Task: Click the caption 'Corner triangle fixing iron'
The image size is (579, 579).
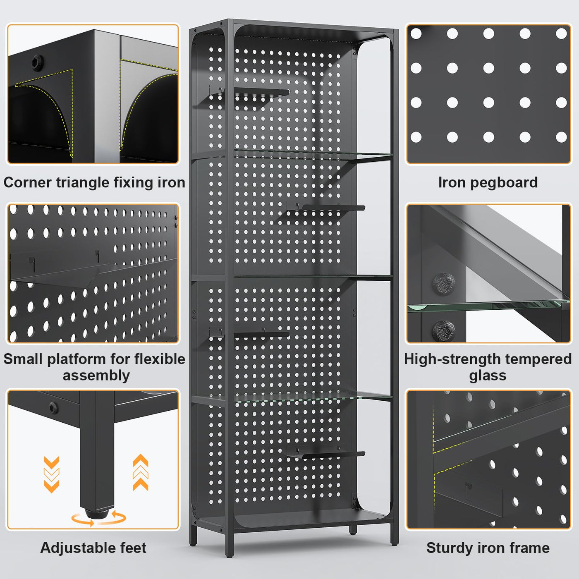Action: (94, 182)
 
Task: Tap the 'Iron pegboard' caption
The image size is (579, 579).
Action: (488, 182)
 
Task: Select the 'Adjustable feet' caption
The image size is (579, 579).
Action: (93, 548)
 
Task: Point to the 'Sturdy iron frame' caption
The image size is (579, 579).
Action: (488, 548)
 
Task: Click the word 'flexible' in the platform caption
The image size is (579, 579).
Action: (160, 359)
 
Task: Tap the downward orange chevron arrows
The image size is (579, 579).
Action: (51, 474)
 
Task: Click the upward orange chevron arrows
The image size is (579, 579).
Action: (141, 472)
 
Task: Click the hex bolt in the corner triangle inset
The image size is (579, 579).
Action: (36, 62)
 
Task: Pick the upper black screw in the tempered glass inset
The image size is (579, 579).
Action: (443, 284)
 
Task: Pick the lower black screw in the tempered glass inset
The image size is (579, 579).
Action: (443, 330)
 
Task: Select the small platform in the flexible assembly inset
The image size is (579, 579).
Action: (62, 273)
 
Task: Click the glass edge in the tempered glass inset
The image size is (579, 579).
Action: (488, 306)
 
